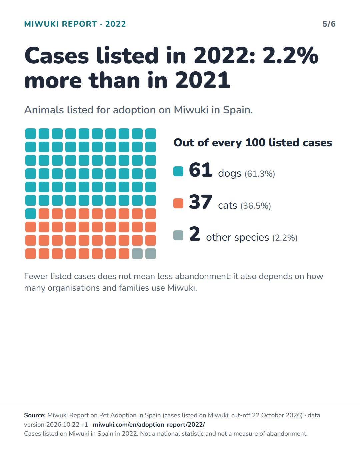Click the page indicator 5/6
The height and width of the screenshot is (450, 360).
[329, 24]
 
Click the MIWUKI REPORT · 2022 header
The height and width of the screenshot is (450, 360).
[75, 24]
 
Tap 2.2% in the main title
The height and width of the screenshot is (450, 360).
[290, 55]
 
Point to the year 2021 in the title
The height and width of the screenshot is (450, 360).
[203, 80]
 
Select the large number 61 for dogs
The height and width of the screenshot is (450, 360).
[200, 170]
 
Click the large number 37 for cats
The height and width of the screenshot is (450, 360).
[200, 202]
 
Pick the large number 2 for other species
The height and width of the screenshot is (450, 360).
[195, 234]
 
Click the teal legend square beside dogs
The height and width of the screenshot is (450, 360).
[178, 171]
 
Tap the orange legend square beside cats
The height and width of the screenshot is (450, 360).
[178, 203]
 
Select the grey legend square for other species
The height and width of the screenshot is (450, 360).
[178, 235]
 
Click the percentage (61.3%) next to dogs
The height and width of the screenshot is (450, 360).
[260, 174]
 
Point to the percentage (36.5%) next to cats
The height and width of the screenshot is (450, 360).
[256, 206]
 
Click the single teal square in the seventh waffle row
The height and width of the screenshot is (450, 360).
[31, 214]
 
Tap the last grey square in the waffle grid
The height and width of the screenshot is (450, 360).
[151, 254]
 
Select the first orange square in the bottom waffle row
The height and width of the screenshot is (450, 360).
[31, 254]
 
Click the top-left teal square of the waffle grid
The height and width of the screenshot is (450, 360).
[31, 134]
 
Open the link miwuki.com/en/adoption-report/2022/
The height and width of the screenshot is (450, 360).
[149, 424]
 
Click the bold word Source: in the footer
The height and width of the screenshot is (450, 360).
[35, 415]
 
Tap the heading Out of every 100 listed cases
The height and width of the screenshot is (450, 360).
[253, 143]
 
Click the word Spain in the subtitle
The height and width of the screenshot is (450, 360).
[238, 110]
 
